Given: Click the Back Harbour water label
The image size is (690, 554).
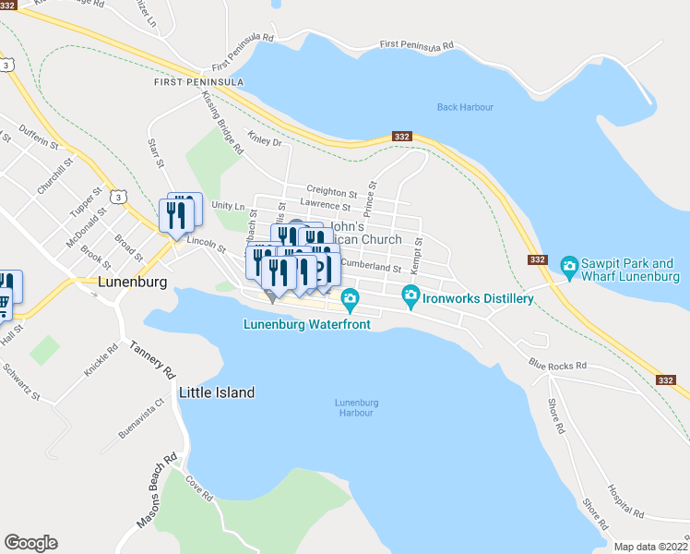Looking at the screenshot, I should pos(465,107).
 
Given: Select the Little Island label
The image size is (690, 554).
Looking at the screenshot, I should pos(218,392).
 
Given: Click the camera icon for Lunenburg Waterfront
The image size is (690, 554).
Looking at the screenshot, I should pos(350,298).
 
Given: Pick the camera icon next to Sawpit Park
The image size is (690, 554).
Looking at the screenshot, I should pos(569,268).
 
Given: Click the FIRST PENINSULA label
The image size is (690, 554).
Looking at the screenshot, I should pos(199,82).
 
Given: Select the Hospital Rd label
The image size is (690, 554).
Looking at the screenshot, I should pos(625,500).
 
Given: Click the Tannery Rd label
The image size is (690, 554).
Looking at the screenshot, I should pos(152,360).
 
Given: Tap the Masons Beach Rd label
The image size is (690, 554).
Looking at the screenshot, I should pos(157,490).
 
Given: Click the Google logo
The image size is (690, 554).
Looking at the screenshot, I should pos(30,543).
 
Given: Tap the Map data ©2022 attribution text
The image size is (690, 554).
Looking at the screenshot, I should pos(650,547).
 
